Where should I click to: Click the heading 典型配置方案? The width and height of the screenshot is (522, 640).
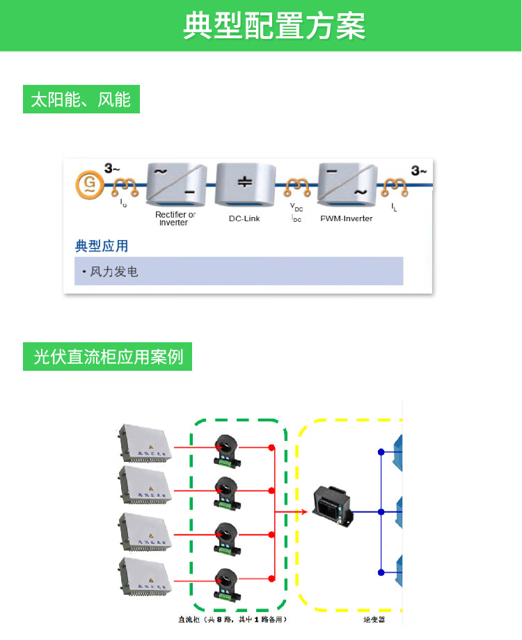tap(274, 26)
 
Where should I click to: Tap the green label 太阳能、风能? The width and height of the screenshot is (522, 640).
tap(81, 99)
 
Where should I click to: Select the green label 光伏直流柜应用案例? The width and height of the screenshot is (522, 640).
tap(108, 357)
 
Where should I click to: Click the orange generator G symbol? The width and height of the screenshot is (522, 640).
tap(90, 184)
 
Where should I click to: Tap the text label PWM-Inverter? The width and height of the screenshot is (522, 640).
tap(346, 218)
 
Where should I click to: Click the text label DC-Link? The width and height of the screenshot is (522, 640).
tap(244, 218)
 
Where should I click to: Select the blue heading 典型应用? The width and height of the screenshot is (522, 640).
tap(102, 246)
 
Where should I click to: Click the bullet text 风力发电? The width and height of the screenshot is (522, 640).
tap(113, 271)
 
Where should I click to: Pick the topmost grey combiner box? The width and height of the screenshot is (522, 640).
tap(144, 443)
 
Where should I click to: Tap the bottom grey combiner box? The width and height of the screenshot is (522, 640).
tap(144, 578)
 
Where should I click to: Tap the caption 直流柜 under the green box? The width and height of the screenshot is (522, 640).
tap(232, 618)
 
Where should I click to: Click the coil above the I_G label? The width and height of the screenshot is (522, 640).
tap(125, 186)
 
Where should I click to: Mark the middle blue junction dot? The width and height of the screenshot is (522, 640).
tap(381, 512)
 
